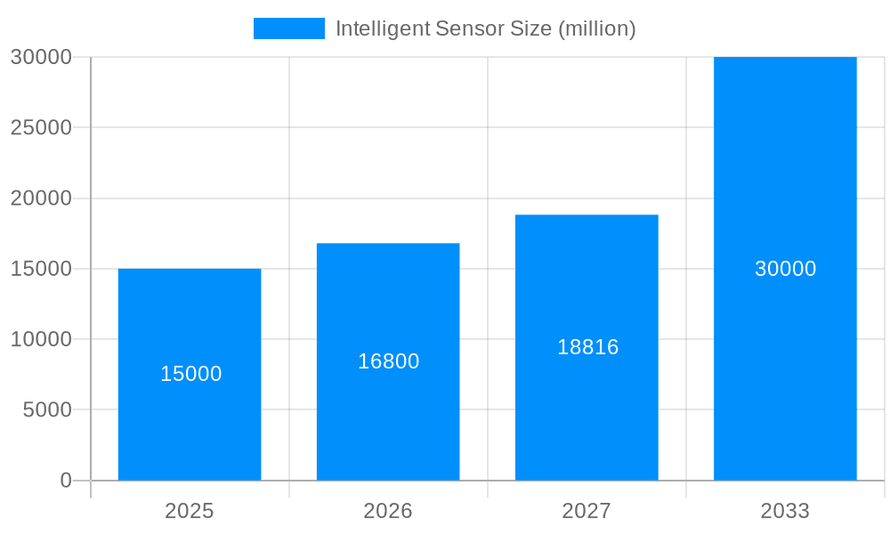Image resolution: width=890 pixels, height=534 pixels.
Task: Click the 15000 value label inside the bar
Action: coord(190,374)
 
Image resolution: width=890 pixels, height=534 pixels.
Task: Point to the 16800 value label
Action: coord(388,361)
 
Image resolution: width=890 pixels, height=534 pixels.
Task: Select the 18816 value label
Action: coord(587,347)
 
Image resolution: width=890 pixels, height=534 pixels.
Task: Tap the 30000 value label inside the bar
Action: coord(785,269)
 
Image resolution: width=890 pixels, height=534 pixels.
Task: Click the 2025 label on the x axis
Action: coord(190,511)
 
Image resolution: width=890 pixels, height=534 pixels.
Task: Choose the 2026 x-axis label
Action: coord(388,511)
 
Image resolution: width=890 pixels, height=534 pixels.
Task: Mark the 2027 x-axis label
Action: coord(587,511)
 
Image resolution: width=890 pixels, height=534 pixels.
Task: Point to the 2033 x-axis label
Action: coord(785,511)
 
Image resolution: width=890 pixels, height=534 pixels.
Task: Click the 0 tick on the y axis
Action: coord(66,481)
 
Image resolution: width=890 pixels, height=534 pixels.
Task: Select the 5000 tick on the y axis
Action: coord(46,410)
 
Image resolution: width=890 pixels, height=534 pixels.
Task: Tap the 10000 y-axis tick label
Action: coord(41,339)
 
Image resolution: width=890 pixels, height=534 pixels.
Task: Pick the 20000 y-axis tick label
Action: coord(41,198)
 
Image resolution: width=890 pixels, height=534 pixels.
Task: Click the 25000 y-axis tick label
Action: coord(41,127)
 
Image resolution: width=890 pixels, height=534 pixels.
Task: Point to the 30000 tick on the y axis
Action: coord(41,57)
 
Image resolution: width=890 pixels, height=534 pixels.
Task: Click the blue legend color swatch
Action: coord(289,28)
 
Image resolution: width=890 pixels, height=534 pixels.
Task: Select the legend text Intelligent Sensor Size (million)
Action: coord(485,28)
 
